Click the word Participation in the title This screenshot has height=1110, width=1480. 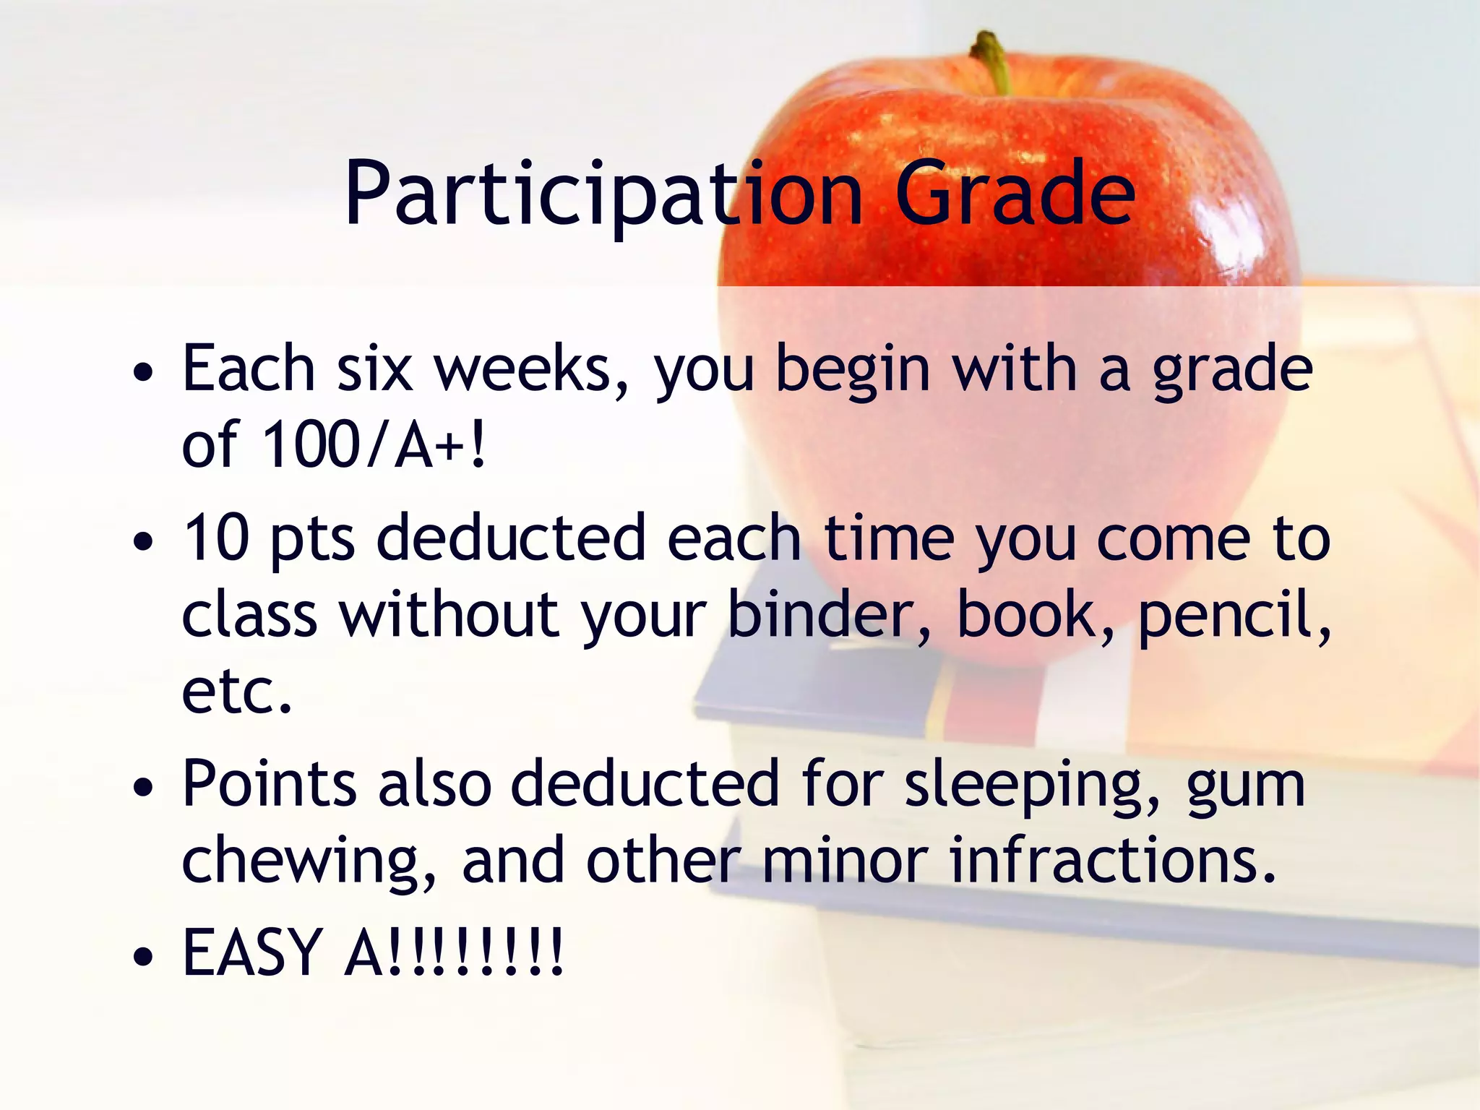(603, 194)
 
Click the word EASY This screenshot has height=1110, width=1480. (252, 952)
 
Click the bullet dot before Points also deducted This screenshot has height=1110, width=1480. (144, 788)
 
